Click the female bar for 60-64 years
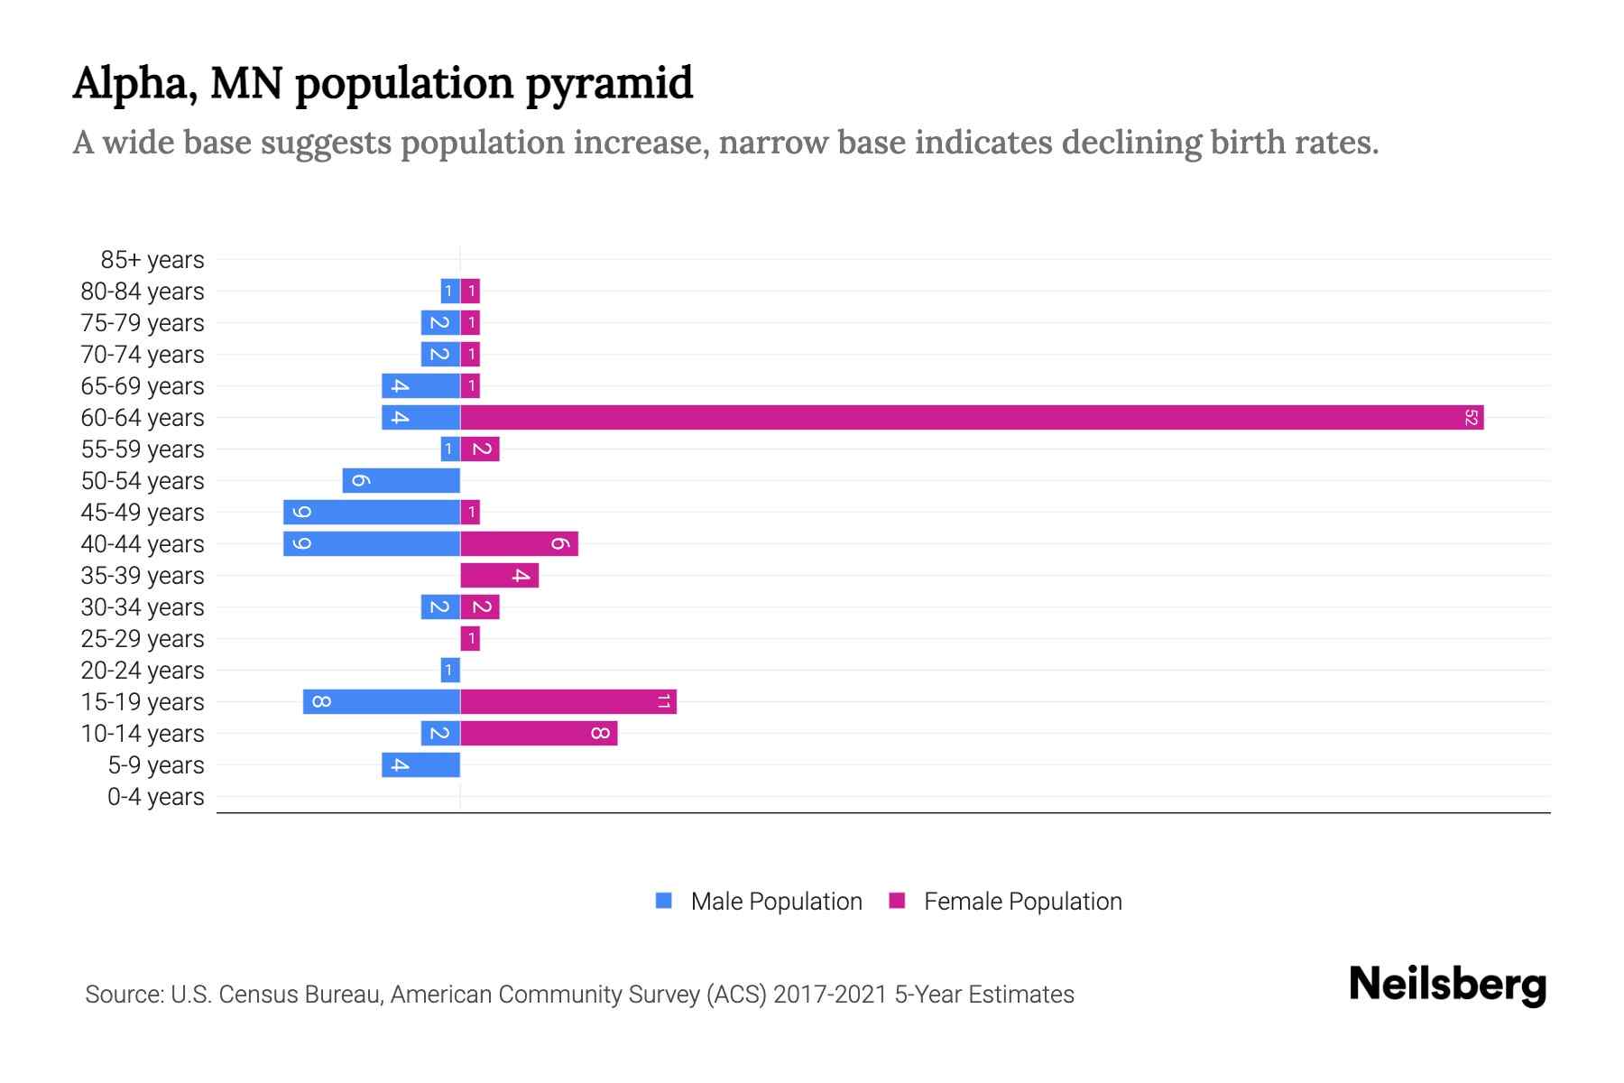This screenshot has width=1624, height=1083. point(972,417)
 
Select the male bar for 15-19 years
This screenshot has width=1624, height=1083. point(382,701)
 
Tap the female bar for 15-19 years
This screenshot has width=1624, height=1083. point(568,701)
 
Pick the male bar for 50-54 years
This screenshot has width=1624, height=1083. point(401,480)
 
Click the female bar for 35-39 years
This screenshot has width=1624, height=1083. point(500,575)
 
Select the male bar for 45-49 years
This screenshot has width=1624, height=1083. point(372,512)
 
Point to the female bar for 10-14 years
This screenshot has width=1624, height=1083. point(539,733)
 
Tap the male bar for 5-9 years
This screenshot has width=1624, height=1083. point(420,764)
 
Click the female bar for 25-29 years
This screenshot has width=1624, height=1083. point(470,638)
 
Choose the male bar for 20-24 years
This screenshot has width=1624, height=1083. point(450,670)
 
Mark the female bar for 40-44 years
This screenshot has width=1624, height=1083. point(519,543)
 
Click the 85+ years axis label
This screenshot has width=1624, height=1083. point(152,260)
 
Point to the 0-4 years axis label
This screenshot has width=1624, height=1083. point(155,797)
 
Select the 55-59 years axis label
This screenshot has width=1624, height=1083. point(143,449)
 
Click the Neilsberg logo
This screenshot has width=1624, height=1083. point(1447,984)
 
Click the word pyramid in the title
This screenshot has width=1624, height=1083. point(609,83)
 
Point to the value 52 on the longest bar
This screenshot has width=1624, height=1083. point(1471,417)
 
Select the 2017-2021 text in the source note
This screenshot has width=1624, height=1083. point(830,995)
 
